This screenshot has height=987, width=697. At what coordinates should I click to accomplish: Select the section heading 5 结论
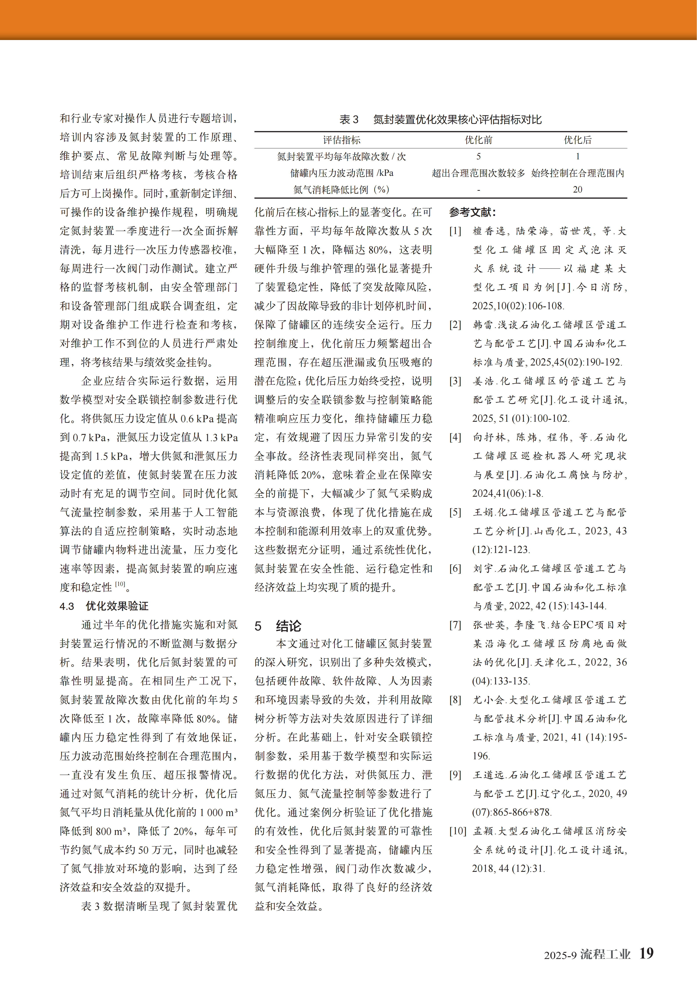(x=278, y=626)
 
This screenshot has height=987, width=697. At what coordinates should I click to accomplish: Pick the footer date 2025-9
(x=560, y=955)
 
